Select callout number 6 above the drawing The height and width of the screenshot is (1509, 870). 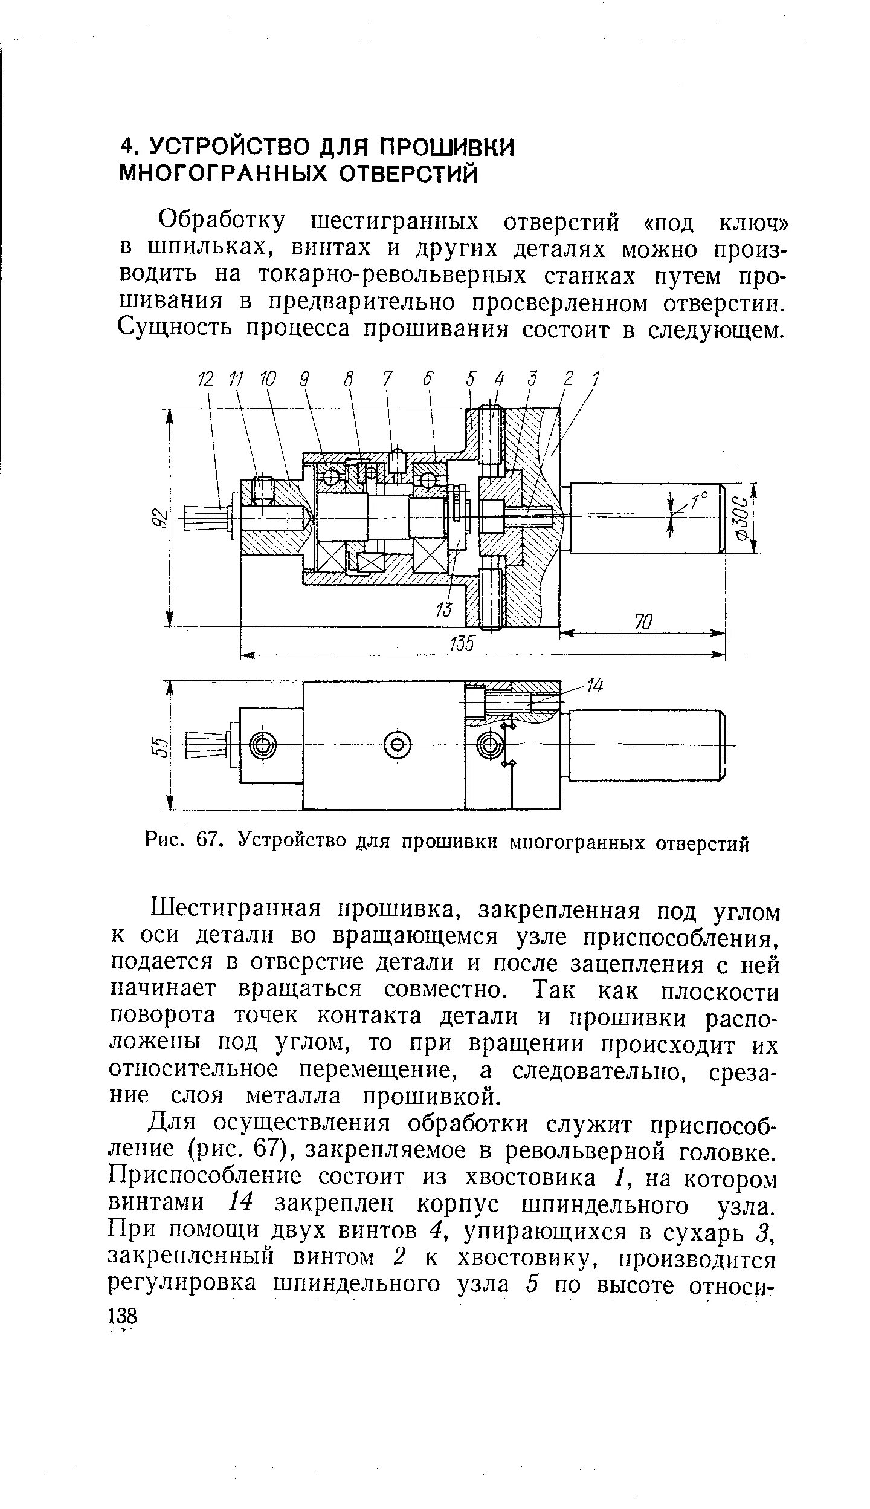[428, 380]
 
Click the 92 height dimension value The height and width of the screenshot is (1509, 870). [158, 519]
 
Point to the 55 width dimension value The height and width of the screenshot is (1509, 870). [158, 745]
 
